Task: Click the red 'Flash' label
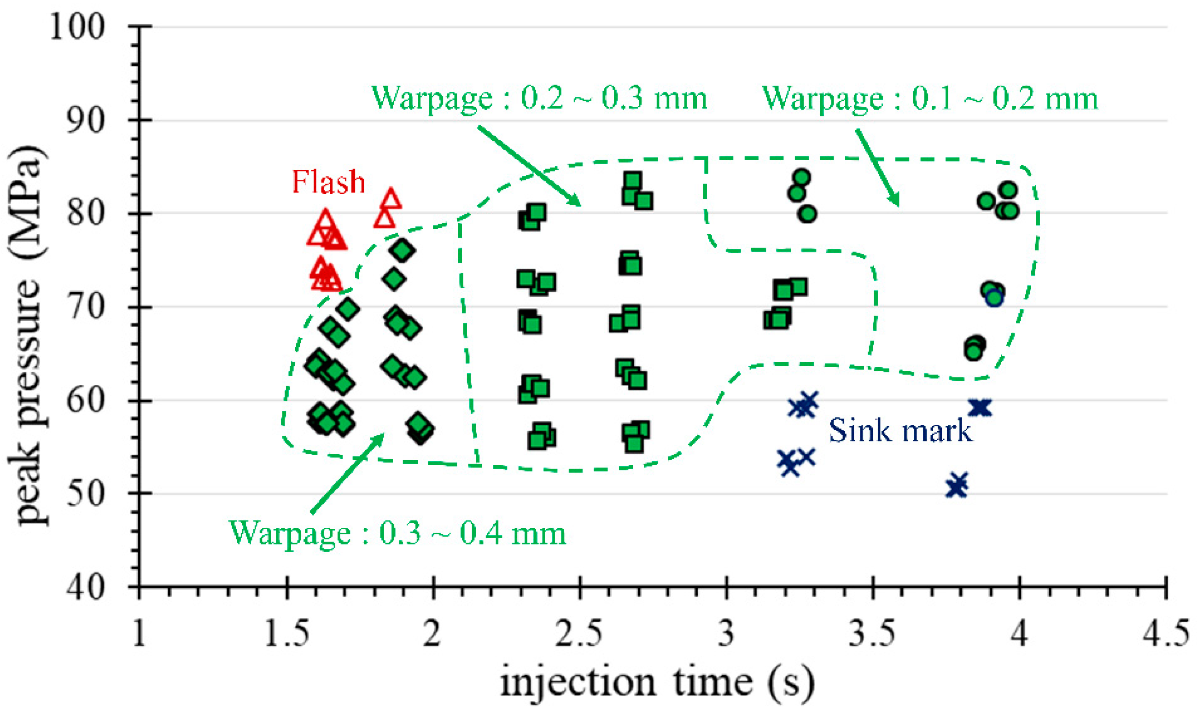tap(328, 182)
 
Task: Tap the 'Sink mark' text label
tap(900, 430)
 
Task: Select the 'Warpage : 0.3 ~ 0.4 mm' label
tap(397, 533)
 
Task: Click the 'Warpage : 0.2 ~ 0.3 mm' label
tap(539, 98)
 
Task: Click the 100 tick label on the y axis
tap(77, 27)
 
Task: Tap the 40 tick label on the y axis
tap(85, 588)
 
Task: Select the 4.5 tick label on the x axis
tap(1166, 633)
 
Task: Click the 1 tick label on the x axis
tap(139, 633)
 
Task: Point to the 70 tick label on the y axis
tap(85, 307)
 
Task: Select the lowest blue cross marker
tap(956, 487)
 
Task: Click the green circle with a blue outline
tap(994, 298)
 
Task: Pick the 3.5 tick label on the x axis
tap(873, 633)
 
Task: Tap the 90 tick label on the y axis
tap(85, 120)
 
